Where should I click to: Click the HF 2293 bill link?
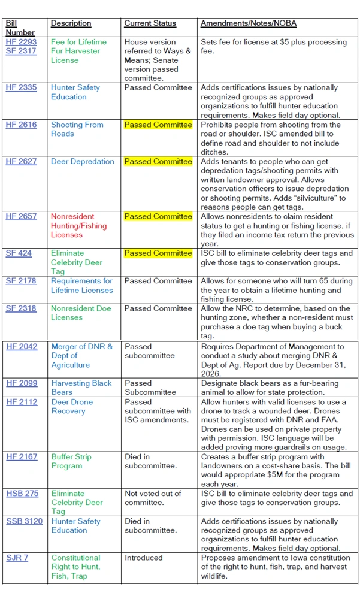(21, 42)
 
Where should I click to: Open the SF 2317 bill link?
(21, 52)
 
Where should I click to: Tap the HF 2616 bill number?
(21, 125)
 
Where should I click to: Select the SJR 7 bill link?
(17, 558)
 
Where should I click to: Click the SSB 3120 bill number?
(24, 521)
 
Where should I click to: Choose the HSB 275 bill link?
(22, 494)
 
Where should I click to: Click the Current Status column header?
(150, 23)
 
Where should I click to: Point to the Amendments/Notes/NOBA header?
(248, 23)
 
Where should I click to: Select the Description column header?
(71, 23)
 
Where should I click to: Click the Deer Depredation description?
(82, 161)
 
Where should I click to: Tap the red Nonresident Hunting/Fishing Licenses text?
(78, 226)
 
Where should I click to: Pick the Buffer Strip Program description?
(71, 461)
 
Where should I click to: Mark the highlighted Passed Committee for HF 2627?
(158, 161)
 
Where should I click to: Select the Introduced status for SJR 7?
(143, 558)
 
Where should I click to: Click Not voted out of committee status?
(152, 498)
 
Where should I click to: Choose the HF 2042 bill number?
(21, 346)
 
